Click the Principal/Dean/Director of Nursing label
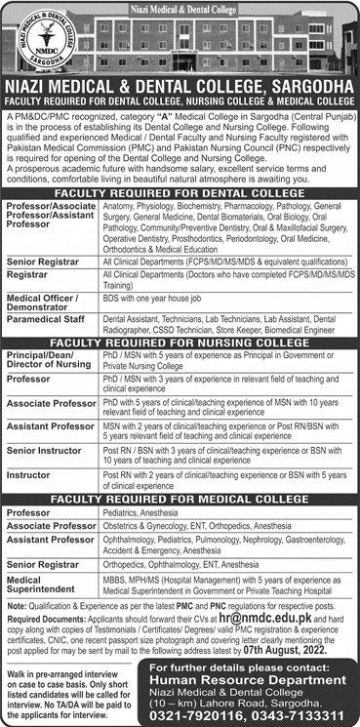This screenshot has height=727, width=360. (x=47, y=363)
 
